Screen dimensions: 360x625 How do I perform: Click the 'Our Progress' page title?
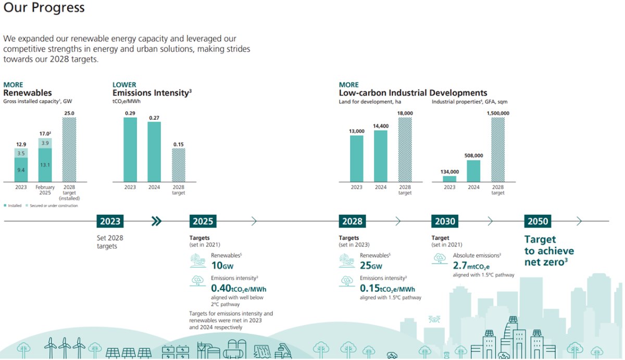coord(44,9)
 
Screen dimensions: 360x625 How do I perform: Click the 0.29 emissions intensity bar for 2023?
coord(130,150)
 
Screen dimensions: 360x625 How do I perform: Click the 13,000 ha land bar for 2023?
coord(357,158)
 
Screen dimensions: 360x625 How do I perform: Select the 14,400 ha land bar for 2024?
coord(381,156)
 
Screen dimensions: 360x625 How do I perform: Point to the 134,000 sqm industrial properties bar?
coord(449,179)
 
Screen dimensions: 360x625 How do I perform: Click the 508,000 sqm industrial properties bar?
coord(473,171)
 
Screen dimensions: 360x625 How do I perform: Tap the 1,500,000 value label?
coord(497,113)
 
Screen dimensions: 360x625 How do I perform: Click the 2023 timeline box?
coord(110,221)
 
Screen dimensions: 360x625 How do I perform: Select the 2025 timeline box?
coord(203,221)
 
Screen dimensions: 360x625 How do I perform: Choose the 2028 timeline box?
coord(352,221)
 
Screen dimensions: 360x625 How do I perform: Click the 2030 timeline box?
coord(445,221)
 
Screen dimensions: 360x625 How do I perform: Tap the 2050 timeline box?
coord(537,221)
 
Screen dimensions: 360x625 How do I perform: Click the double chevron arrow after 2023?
coord(156,221)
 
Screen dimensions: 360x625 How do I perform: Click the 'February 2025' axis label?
coord(45,190)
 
